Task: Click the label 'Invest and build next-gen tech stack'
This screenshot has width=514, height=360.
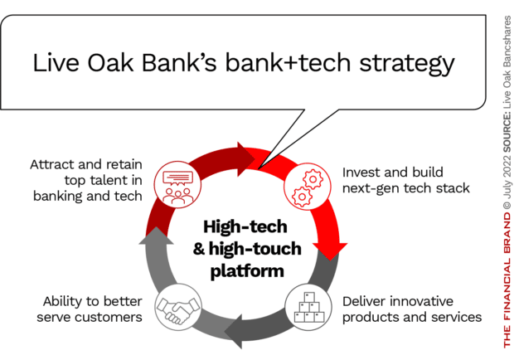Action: [405, 181]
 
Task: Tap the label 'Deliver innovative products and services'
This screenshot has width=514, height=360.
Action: [411, 309]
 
